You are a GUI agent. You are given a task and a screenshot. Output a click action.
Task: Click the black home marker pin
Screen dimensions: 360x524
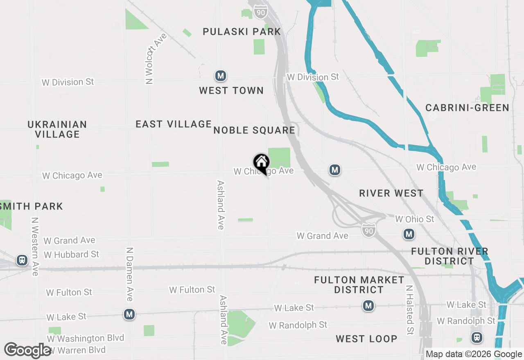point(261,163)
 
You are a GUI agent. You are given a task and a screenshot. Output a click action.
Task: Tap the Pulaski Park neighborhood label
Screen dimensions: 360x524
point(242,32)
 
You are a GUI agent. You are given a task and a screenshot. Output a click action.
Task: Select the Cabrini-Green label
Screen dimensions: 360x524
point(467,108)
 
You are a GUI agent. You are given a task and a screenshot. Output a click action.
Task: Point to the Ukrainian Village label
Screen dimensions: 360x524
point(57,129)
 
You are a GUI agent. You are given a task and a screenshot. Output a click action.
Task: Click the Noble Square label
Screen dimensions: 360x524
point(254,130)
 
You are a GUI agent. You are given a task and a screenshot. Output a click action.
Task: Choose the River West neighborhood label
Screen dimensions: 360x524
point(391,193)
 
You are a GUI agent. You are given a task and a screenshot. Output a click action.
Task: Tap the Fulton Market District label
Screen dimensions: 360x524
point(359,285)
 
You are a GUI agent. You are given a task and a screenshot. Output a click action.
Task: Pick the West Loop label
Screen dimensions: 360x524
point(366,339)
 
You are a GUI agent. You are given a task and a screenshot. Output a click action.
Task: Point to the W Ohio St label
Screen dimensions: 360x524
point(414,219)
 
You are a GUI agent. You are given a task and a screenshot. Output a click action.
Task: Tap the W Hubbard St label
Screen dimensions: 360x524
point(71,254)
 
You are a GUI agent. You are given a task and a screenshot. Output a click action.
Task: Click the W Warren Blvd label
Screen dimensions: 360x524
point(76,350)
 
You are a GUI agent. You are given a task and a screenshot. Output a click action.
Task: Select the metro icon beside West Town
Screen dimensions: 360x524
point(221,76)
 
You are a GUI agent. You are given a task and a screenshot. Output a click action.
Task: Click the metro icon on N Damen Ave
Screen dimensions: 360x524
point(129,314)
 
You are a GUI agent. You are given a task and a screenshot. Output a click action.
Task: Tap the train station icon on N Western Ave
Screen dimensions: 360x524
point(22,260)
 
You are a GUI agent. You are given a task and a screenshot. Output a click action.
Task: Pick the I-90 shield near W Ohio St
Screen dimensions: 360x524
point(368,230)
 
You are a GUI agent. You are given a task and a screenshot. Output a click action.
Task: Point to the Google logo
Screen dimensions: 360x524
point(27,351)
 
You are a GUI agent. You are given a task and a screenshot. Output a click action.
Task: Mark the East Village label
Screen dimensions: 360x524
point(174,124)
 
